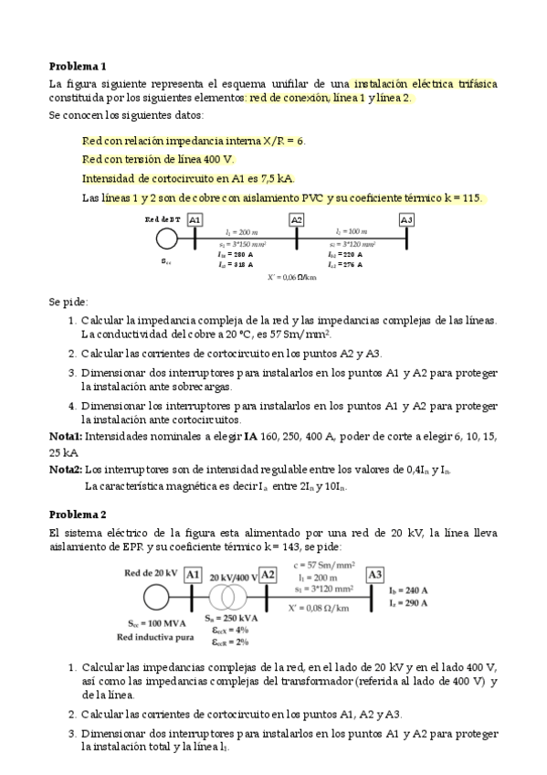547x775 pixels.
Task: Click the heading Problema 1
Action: tap(78, 66)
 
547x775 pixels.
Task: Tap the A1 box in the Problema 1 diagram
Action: tap(195, 220)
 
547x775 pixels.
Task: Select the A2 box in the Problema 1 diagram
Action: tap(297, 220)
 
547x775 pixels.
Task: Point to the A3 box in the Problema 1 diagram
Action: tap(406, 220)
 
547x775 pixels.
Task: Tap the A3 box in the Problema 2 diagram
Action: tap(374, 575)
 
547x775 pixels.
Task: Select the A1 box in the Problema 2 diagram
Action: tap(192, 575)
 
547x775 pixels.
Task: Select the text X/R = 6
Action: tap(283, 142)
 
